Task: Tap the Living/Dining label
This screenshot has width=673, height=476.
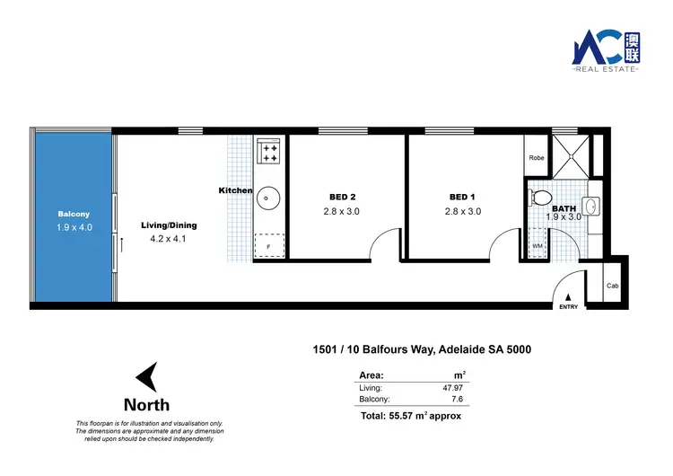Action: tap(169, 225)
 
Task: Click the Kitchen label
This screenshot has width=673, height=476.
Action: tap(235, 190)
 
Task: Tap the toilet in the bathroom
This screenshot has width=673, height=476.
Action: tap(540, 198)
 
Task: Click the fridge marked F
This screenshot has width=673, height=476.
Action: tap(267, 245)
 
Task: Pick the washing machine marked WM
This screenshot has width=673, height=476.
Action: tap(537, 244)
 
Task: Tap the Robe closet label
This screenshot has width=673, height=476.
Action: tap(537, 158)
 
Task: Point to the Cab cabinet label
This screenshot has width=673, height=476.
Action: tap(613, 286)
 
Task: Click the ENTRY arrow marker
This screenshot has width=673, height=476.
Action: tap(568, 297)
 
